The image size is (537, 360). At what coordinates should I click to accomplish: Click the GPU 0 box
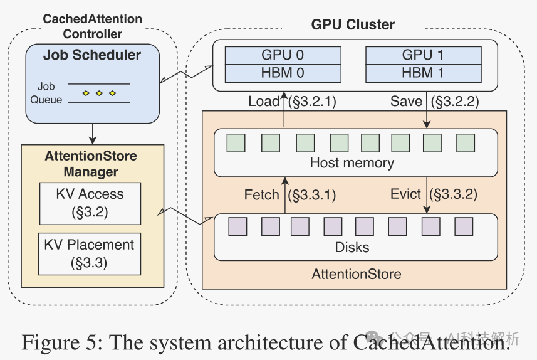282,55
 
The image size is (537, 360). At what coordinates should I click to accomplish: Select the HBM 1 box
423,73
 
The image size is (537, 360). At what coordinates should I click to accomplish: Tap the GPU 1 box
423,55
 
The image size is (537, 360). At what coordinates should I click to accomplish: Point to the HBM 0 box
282,73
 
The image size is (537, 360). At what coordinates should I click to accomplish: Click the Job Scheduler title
92,55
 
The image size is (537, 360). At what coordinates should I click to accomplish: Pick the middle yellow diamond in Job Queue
99,93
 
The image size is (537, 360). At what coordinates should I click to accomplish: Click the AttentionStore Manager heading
90,164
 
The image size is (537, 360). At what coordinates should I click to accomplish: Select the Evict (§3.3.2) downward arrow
427,195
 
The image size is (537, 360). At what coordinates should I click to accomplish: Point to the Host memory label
352,163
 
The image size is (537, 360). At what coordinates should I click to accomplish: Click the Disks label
352,247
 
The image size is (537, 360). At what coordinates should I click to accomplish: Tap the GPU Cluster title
353,25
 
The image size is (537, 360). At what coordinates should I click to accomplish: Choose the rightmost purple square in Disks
463,226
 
